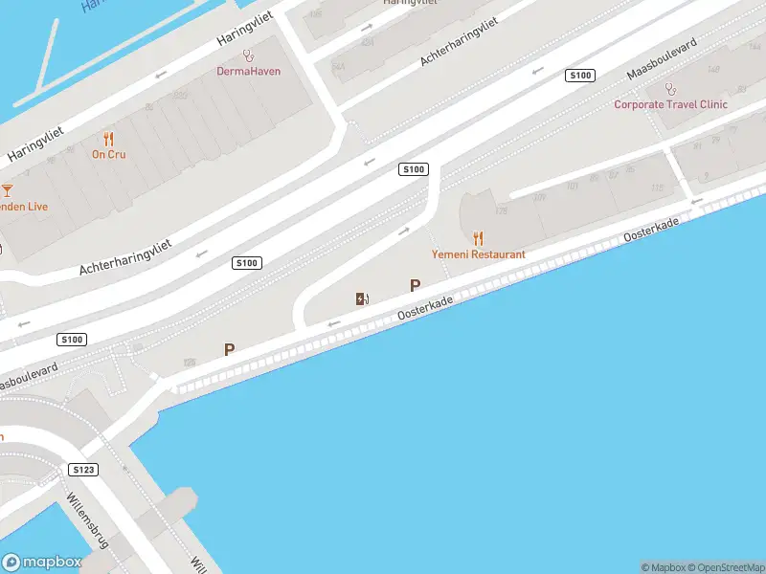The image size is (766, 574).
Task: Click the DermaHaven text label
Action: click(249, 71)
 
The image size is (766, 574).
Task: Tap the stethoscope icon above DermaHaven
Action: click(249, 55)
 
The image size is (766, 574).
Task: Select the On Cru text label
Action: click(108, 154)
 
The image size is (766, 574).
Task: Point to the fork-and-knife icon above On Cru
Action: click(108, 139)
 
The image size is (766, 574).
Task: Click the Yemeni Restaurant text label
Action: click(478, 254)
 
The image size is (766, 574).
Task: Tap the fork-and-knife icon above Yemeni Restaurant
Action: click(478, 238)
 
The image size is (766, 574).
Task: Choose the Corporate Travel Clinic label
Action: click(670, 104)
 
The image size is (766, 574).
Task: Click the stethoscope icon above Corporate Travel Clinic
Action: click(670, 89)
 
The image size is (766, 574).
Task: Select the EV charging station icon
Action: click(362, 299)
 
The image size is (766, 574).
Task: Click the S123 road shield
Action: click(83, 470)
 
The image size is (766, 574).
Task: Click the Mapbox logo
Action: click(40, 563)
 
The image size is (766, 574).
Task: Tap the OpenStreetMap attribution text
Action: click(725, 567)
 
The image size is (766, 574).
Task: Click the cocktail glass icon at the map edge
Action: click(7, 190)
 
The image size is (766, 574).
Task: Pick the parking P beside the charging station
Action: click(415, 285)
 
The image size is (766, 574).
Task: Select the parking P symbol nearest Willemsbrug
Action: click(229, 350)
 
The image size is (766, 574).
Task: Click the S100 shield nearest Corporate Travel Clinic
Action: click(580, 75)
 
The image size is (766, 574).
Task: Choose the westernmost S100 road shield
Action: click(72, 339)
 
